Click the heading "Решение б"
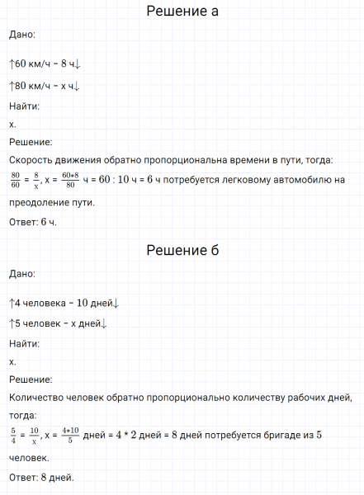point(182,250)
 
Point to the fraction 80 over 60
point(15,179)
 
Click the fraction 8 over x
point(37,179)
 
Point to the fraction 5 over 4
point(13,435)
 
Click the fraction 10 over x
point(35,435)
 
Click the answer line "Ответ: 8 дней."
point(41,477)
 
